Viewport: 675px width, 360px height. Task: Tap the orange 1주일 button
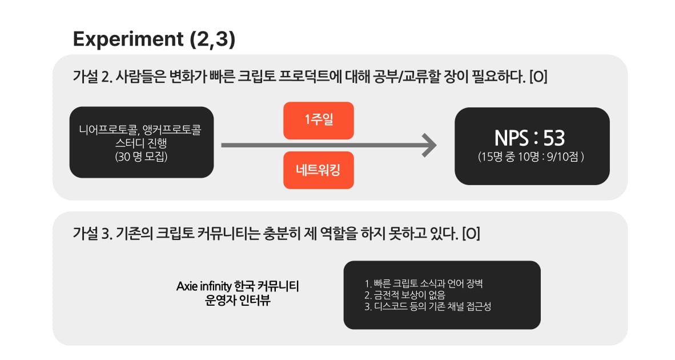pos(318,121)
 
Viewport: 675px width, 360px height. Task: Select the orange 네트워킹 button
pos(318,170)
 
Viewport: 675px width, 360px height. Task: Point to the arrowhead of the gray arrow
pos(429,145)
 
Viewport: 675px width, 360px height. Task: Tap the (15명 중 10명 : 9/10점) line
pos(531,158)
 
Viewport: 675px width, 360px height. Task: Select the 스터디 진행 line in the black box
pos(141,143)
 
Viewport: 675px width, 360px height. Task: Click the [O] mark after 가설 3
pos(471,234)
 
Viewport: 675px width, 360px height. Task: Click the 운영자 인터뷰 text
pos(238,301)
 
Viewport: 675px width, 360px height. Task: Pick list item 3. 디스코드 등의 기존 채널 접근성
pos(427,307)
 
